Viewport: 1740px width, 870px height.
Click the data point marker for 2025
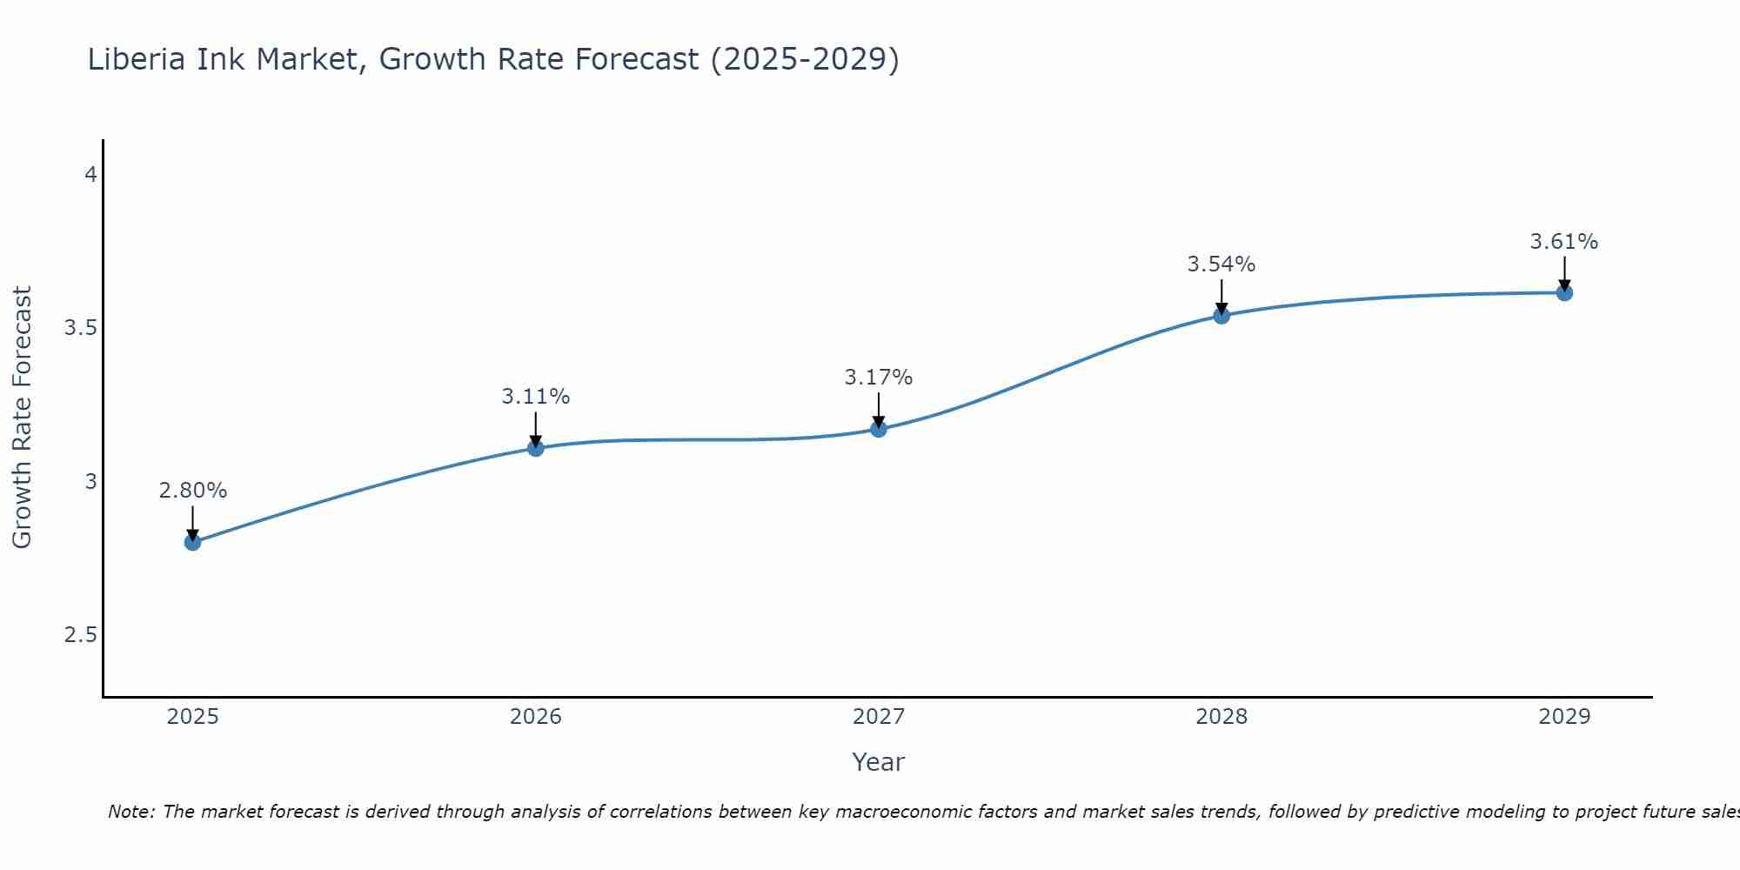tap(193, 543)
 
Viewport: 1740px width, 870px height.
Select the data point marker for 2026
tap(536, 448)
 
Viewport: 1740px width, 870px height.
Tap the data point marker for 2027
tap(879, 429)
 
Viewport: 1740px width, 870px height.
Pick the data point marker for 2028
tap(1221, 316)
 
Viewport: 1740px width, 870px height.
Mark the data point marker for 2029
tap(1564, 293)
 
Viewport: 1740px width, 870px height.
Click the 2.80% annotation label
tap(193, 491)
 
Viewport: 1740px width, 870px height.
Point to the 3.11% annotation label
tap(536, 397)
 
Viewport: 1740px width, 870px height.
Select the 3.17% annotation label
tap(879, 378)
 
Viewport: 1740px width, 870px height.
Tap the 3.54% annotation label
tap(1221, 264)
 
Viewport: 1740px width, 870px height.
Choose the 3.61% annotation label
tap(1564, 242)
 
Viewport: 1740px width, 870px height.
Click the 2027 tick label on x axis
tap(879, 717)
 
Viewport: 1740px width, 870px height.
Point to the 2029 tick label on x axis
tap(1564, 717)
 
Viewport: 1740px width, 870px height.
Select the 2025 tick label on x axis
tap(193, 717)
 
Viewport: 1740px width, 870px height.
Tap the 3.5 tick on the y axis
tap(80, 328)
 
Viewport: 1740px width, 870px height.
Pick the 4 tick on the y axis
tap(90, 175)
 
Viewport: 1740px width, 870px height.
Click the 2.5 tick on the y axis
tap(80, 635)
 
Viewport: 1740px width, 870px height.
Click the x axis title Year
tap(879, 762)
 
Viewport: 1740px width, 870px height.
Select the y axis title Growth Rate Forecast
tap(22, 418)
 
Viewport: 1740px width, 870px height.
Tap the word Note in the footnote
tap(130, 812)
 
